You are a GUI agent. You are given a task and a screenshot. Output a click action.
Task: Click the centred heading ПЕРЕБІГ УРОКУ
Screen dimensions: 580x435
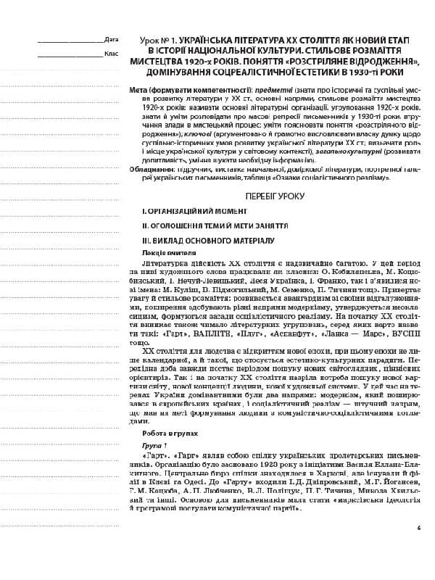coord(268,196)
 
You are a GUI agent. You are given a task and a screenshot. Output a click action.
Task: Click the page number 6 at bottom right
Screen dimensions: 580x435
coord(418,527)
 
